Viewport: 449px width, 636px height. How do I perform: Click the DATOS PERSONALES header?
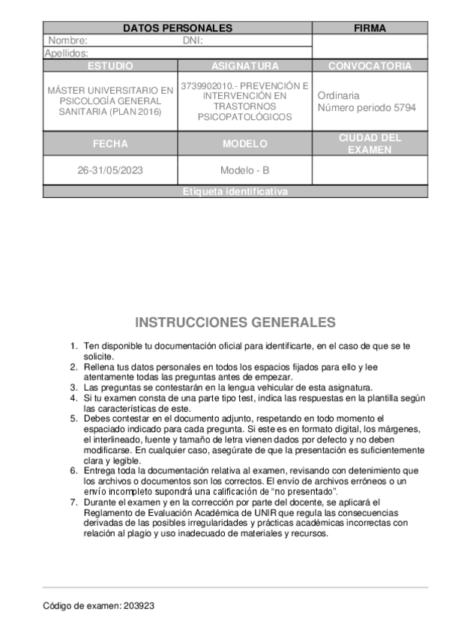(177, 28)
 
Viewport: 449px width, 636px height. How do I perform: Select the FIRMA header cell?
(370, 28)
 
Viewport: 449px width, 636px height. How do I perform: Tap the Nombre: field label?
(68, 40)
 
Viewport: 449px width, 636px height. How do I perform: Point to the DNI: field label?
(193, 40)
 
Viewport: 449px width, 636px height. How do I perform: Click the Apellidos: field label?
(67, 53)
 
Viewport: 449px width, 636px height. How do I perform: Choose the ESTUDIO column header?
(110, 66)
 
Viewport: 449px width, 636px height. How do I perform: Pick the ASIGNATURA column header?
(244, 66)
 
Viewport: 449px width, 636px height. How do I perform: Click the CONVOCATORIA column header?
(370, 66)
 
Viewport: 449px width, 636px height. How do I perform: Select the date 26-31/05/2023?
(110, 170)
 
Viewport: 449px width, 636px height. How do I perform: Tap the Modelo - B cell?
(244, 170)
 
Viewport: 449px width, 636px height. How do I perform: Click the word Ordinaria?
(338, 96)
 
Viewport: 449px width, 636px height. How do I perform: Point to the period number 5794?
(405, 107)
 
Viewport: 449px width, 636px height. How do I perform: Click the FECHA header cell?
(110, 144)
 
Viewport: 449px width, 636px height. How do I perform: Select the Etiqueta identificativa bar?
(235, 192)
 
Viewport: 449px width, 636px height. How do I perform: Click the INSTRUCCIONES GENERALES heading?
(235, 322)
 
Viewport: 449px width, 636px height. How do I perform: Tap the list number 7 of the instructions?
(73, 502)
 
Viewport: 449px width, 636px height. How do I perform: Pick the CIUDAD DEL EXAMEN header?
(370, 144)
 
